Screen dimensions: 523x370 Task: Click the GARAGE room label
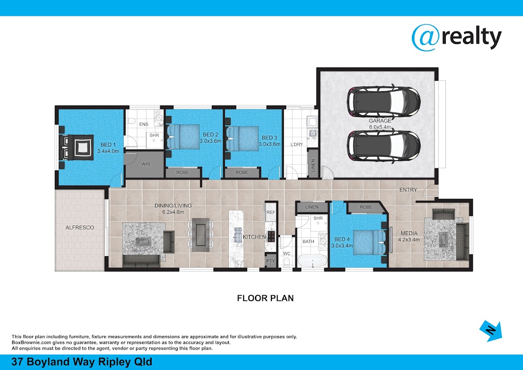pos(380,120)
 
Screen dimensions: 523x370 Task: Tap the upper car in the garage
pos(384,102)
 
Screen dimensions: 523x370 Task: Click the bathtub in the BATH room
pos(312,260)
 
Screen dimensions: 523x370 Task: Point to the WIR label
pos(146,164)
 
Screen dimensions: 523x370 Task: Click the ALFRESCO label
pos(80,227)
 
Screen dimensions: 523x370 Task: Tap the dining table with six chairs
pos(200,235)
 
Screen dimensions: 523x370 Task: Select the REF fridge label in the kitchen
pos(271,212)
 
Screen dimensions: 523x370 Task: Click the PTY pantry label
pos(271,260)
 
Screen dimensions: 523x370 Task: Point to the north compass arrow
pos(491,331)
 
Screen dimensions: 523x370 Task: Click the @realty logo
pos(457,38)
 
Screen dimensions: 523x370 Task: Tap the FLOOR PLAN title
pos(265,298)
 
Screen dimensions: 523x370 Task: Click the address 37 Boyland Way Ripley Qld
pos(82,362)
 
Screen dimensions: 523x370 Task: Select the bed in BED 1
pos(76,147)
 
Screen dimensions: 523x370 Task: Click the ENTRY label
pos(408,190)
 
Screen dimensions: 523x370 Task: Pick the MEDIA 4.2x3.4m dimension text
pos(409,240)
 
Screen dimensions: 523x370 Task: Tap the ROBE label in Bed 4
pos(366,207)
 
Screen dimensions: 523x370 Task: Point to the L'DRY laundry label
pos(296,144)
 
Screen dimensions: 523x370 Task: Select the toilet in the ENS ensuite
pos(131,121)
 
